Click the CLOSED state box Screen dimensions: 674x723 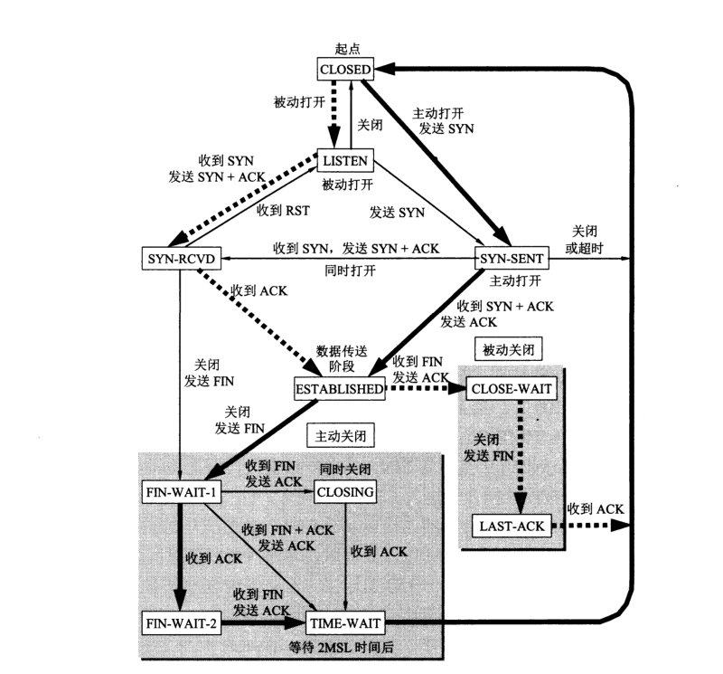(x=344, y=69)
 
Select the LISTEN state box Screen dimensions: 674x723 (x=344, y=161)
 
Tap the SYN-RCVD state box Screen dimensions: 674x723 (x=180, y=258)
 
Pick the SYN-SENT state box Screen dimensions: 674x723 (x=512, y=258)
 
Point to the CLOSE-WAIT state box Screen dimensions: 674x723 (x=511, y=389)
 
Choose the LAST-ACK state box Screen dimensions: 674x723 (x=512, y=525)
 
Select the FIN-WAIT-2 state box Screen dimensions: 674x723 (x=182, y=622)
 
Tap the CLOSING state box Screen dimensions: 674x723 (x=344, y=492)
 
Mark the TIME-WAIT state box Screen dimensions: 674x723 (x=344, y=622)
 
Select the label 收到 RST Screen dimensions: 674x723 (x=282, y=211)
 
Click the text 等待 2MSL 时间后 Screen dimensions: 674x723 (x=343, y=646)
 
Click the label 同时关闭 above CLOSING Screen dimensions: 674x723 (x=344, y=470)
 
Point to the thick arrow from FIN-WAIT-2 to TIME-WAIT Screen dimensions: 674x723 (x=262, y=622)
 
